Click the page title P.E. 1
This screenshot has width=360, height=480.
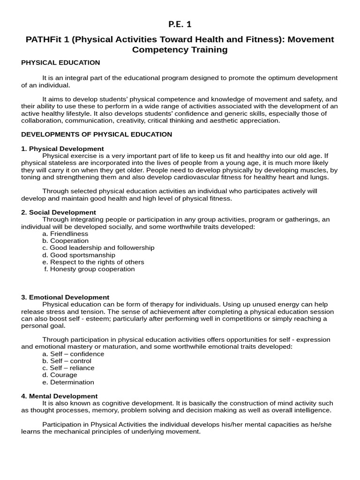[x=180, y=24]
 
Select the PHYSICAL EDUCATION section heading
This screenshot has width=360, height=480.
[x=60, y=62]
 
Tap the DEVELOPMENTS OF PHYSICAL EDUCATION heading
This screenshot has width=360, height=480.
[x=97, y=135]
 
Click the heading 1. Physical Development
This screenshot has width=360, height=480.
[x=62, y=149]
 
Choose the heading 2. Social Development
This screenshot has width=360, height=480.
[x=59, y=212]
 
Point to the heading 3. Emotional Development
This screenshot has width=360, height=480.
[x=65, y=297]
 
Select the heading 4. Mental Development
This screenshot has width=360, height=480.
[x=59, y=396]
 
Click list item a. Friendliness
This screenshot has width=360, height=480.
[x=65, y=233]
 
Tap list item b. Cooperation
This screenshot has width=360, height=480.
[x=65, y=240]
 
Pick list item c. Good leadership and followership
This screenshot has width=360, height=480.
[x=98, y=247]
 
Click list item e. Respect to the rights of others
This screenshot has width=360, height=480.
[x=93, y=262]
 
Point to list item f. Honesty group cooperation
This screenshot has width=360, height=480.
[x=89, y=269]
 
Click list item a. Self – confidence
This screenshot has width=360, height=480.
[x=73, y=354]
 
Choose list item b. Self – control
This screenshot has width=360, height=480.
[x=67, y=361]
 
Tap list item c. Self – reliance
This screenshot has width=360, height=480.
[x=68, y=368]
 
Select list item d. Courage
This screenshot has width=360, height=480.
[x=60, y=375]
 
